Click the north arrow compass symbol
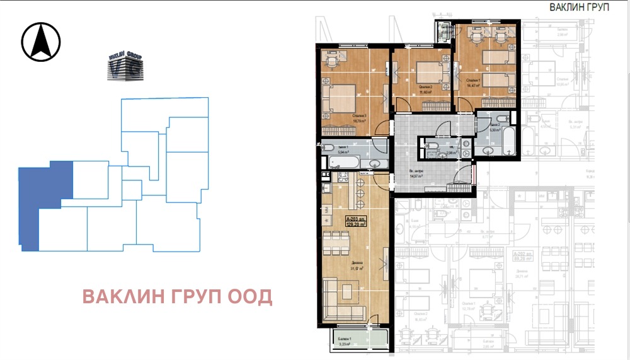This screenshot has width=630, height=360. point(41,42)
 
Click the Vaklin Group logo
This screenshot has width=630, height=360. point(125,67)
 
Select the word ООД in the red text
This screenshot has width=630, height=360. point(254,296)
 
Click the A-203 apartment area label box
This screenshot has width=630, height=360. point(357,222)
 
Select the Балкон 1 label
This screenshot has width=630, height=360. point(343,340)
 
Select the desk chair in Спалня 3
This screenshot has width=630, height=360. point(330,62)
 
